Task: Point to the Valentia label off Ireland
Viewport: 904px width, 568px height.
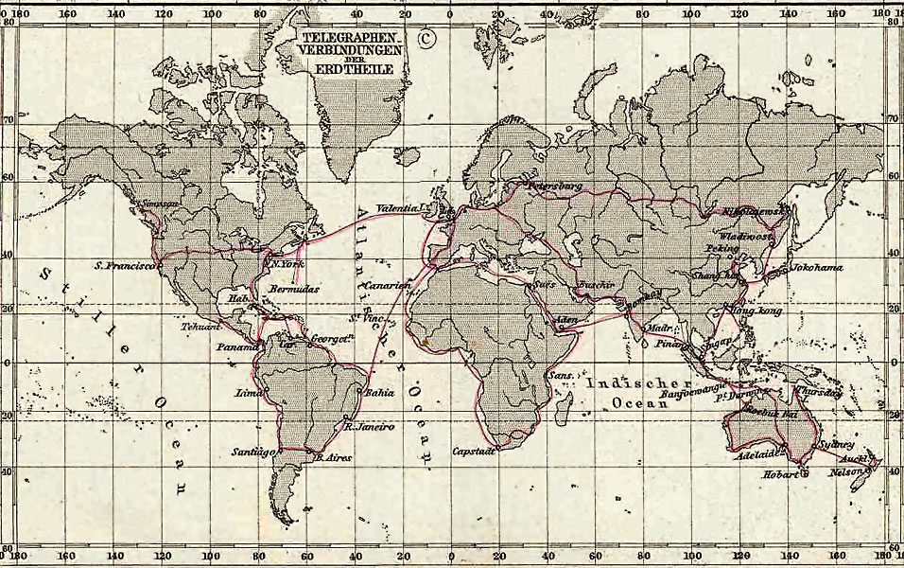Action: [396, 208]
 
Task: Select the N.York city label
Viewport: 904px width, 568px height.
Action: [287, 264]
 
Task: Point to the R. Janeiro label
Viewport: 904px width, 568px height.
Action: [368, 427]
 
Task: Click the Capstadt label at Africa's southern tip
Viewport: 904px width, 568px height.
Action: [474, 452]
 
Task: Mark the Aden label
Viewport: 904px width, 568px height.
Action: [566, 319]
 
